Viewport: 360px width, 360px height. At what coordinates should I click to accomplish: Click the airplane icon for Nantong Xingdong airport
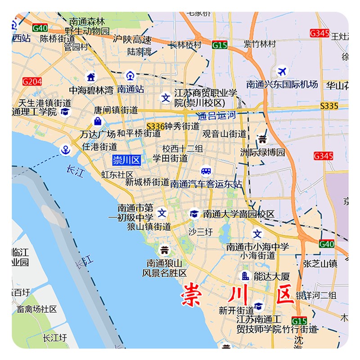click(x=282, y=72)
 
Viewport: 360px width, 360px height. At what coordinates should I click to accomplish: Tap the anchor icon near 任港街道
click(x=66, y=149)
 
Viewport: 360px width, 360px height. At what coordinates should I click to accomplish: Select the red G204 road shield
click(x=32, y=81)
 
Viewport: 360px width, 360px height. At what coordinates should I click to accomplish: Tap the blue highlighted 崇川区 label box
click(x=126, y=160)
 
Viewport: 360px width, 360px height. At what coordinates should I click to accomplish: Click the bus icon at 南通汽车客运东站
click(x=206, y=171)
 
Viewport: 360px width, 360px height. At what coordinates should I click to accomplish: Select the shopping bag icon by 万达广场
click(x=97, y=121)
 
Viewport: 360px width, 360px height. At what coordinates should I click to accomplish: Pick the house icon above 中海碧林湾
click(x=91, y=76)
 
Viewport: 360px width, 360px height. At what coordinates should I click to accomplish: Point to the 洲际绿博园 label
click(x=262, y=153)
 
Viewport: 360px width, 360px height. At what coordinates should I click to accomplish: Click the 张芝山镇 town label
click(x=320, y=264)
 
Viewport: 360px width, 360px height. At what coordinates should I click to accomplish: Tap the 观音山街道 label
click(x=224, y=134)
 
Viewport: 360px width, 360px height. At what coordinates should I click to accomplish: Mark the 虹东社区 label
click(x=117, y=174)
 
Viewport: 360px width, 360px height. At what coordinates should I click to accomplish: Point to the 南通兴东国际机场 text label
click(x=282, y=84)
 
